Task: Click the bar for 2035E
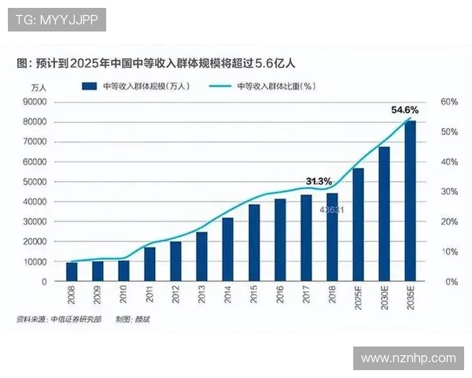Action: (x=410, y=201)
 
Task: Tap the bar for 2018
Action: (x=332, y=237)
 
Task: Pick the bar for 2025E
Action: (x=358, y=224)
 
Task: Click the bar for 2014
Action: (x=227, y=250)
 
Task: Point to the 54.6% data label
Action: (x=404, y=111)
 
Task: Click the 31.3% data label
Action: (x=319, y=181)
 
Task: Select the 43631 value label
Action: (x=330, y=209)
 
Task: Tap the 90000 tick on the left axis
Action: (x=35, y=102)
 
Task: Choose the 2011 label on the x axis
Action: (x=149, y=295)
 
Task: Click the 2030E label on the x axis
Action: (x=384, y=298)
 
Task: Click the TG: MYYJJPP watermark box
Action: (x=57, y=20)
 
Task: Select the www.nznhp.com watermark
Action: (x=407, y=358)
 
